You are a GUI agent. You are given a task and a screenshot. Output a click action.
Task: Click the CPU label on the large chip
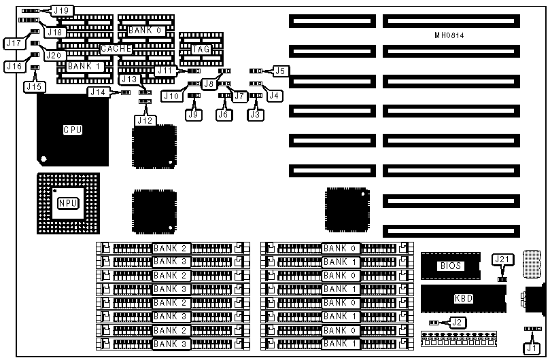(x=73, y=130)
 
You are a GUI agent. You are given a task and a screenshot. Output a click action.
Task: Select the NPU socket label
(x=68, y=203)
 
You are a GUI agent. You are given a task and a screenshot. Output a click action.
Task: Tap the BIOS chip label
(x=451, y=266)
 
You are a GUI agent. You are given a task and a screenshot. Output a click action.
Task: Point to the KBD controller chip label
(x=463, y=298)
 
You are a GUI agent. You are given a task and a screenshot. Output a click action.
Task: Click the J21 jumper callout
(x=501, y=259)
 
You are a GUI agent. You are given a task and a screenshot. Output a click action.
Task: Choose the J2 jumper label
(x=458, y=323)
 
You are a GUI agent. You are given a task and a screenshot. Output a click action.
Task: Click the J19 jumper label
(x=62, y=10)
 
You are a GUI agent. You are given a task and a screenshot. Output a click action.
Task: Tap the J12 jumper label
(x=144, y=120)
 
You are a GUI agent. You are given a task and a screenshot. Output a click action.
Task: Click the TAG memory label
(x=201, y=49)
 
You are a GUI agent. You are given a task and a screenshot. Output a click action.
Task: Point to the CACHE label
(x=116, y=49)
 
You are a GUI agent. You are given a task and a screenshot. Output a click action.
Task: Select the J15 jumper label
(x=33, y=86)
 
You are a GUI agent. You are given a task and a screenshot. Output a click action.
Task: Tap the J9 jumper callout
(x=194, y=115)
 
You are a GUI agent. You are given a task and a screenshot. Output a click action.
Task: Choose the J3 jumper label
(x=255, y=115)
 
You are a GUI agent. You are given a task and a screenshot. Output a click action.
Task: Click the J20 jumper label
(x=54, y=56)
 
